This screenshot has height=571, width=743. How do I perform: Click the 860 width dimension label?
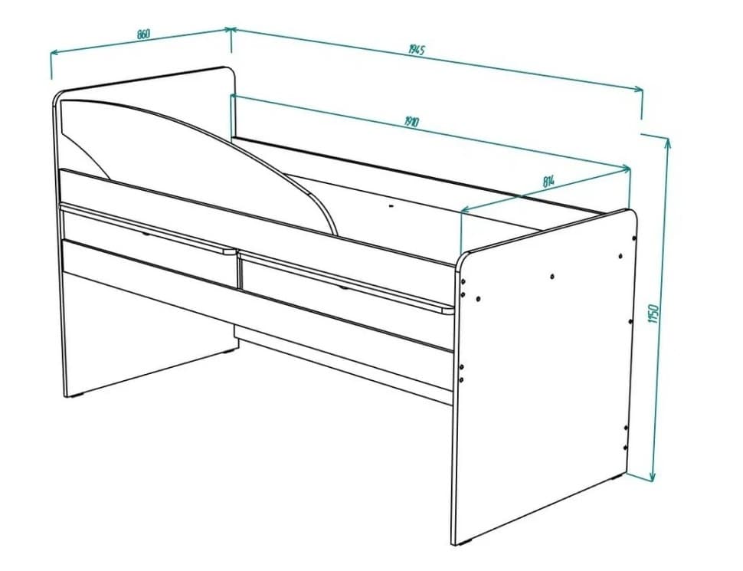pyautogui.click(x=142, y=34)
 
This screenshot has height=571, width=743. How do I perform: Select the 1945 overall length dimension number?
pyautogui.click(x=416, y=50)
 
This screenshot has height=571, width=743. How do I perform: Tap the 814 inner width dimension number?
pyautogui.click(x=548, y=182)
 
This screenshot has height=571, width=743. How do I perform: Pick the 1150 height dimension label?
pyautogui.click(x=653, y=314)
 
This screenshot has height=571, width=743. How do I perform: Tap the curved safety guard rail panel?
pyautogui.click(x=191, y=153)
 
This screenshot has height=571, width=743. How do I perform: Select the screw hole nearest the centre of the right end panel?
pyautogui.click(x=552, y=275)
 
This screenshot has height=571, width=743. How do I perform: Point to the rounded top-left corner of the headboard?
pyautogui.click(x=58, y=97)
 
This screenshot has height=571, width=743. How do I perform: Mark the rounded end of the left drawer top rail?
pyautogui.click(x=231, y=250)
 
